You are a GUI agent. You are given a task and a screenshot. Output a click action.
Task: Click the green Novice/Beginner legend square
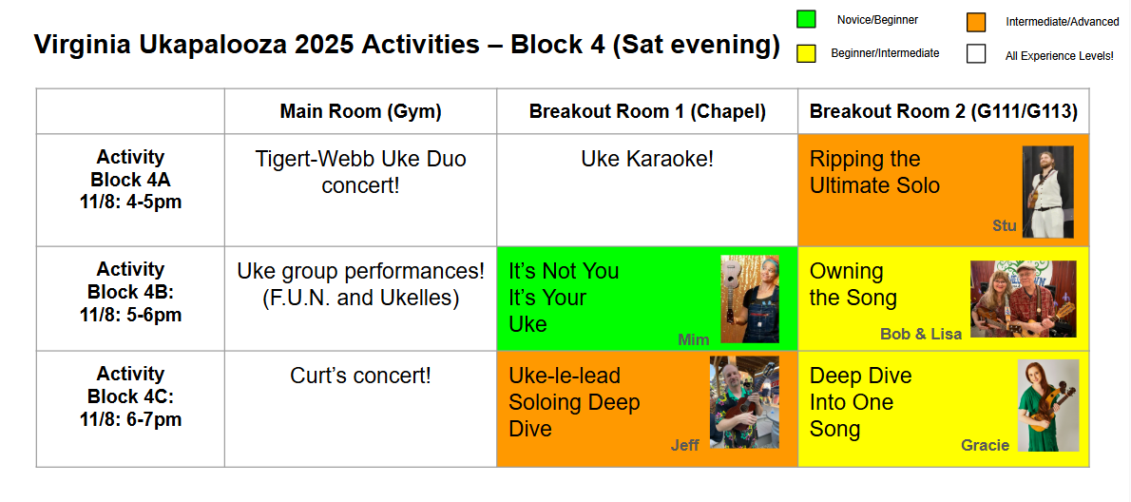pos(806,19)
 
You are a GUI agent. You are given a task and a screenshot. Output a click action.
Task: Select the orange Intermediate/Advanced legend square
pos(976,23)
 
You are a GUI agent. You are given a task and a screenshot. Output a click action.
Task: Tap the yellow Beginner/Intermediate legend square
pos(806,53)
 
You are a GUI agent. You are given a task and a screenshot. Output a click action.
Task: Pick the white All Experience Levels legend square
pos(976,53)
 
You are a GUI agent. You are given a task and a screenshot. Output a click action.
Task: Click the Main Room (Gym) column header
pos(360,111)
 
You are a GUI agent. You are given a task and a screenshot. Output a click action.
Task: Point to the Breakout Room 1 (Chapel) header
pos(647,111)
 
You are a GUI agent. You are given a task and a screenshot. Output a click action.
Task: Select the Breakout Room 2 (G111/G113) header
pos(944,111)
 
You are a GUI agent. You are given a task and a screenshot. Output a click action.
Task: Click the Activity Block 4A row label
pos(130,179)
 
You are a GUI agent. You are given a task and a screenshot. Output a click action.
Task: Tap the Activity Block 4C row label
pos(130,396)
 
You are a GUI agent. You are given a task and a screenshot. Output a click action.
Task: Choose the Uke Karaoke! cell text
pos(647,159)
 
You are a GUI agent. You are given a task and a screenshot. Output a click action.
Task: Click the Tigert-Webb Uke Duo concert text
pos(360,172)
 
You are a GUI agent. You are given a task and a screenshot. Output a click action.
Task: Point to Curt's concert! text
pos(360,376)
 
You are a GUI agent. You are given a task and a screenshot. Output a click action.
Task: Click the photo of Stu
pos(1048,192)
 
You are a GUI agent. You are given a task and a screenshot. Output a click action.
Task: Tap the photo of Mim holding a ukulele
pos(750,299)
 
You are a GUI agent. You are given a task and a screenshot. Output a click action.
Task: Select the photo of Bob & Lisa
pos(1023,299)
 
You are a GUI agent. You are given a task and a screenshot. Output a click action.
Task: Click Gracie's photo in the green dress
pos(1048,405)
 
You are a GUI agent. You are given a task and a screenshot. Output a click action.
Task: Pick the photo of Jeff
pos(744,402)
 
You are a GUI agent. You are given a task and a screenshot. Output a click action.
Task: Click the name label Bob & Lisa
pos(921,335)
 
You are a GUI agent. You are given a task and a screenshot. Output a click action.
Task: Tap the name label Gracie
pos(986,445)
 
